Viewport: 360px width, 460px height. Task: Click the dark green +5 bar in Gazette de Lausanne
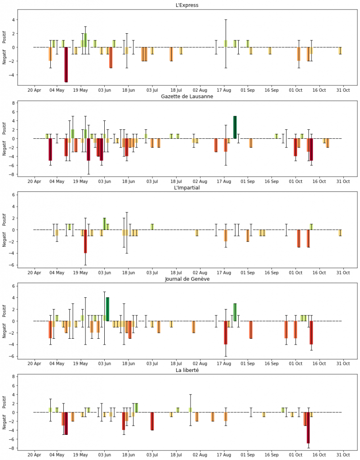tap(235, 127)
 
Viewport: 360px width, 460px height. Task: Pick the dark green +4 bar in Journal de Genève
tap(107, 309)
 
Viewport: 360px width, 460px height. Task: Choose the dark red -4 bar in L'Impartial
tap(85, 241)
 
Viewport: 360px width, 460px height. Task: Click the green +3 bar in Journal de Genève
tap(235, 312)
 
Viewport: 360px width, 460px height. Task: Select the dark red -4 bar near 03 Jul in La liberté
tap(152, 421)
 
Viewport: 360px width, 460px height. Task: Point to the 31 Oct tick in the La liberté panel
tap(343, 454)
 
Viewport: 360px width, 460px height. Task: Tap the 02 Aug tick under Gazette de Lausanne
tap(200, 181)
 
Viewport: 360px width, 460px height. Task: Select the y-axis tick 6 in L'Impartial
tap(13, 195)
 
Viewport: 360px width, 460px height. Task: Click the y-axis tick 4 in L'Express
tap(13, 20)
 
